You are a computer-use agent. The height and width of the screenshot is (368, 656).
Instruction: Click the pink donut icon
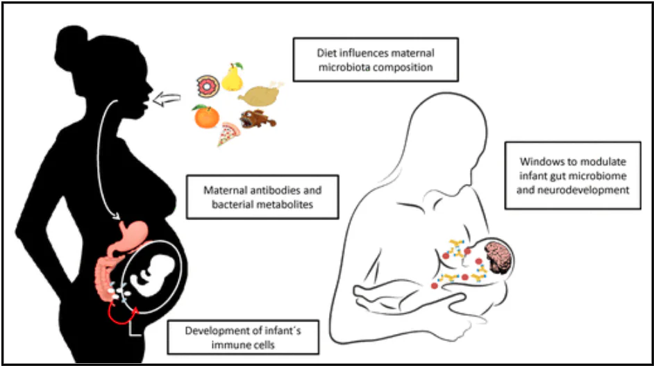click(x=208, y=86)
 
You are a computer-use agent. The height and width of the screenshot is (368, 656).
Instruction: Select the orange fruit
click(x=207, y=117)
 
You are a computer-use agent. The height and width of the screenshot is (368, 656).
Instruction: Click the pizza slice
click(x=228, y=133)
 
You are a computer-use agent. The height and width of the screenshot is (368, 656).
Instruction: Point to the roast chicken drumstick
click(x=260, y=94)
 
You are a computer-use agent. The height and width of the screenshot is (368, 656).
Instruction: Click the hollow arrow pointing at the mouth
click(x=167, y=100)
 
